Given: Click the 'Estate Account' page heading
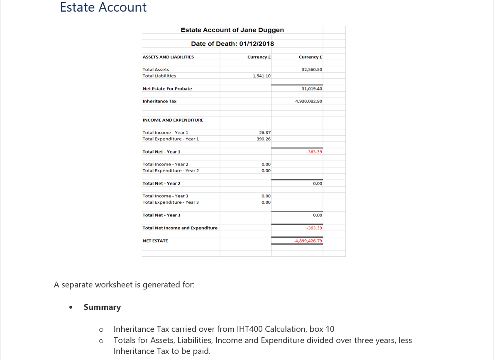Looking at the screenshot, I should pos(103,7).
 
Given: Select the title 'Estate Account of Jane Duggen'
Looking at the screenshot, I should pos(232,30).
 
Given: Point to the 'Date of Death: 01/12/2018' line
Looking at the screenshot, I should pos(232,44).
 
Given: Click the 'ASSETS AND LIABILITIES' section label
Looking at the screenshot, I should pos(168,57).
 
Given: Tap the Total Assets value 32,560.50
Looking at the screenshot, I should pos(312,70).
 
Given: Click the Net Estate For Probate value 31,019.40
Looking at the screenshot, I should pos(312,89).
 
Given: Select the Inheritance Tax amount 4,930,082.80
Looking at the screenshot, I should pos(308,101).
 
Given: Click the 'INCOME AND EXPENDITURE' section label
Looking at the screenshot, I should pos(173,120).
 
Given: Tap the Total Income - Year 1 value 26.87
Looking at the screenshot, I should pos(264,133).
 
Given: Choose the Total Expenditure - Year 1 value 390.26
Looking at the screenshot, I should pos(264,139).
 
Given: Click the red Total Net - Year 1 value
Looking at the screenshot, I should pos(314,152).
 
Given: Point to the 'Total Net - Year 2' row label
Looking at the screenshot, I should pos(161,183).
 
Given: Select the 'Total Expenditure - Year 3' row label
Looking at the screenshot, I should pos(171,202).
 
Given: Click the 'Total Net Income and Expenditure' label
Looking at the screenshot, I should pos(180,228).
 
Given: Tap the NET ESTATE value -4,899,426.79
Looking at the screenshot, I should pos(308,241).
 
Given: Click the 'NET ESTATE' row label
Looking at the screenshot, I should pos(155,241).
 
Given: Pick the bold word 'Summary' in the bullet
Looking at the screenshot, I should pos(102,307).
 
